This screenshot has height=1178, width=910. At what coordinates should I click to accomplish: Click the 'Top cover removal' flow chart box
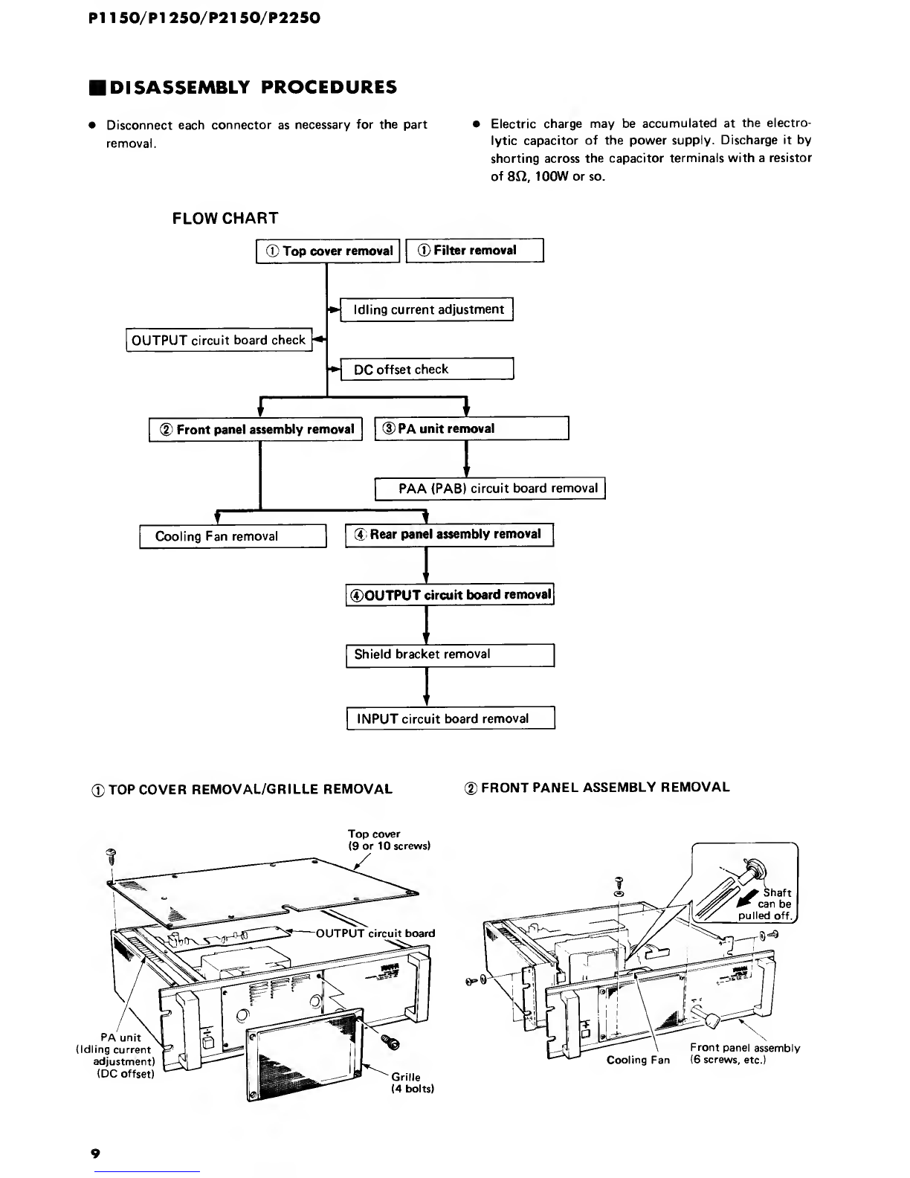point(328,251)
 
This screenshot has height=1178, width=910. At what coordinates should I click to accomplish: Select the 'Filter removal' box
point(475,251)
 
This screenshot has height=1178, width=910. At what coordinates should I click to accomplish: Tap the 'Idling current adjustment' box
point(427,309)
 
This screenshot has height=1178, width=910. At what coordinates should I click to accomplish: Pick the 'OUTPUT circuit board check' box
point(219,341)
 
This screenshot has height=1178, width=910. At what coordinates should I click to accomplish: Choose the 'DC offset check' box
point(427,370)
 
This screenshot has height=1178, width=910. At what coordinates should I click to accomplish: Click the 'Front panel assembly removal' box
point(256,430)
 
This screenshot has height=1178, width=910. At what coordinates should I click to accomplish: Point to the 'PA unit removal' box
point(471,429)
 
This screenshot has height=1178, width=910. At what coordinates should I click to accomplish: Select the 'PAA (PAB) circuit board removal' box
point(490,489)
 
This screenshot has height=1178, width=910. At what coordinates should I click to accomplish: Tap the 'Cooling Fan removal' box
point(233,536)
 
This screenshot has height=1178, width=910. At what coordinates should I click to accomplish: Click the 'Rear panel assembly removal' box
point(450,535)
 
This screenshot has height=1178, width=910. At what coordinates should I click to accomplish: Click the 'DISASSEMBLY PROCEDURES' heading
point(243,87)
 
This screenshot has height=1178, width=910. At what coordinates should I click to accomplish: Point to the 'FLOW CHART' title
point(225,219)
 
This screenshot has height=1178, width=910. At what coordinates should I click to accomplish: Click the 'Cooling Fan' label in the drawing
point(638,1060)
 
